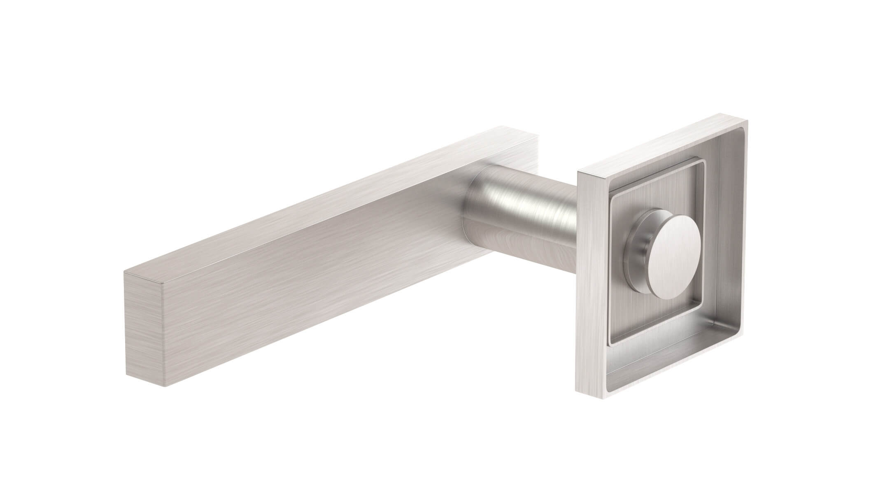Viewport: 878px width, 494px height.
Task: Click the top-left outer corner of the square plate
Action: [578, 171]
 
